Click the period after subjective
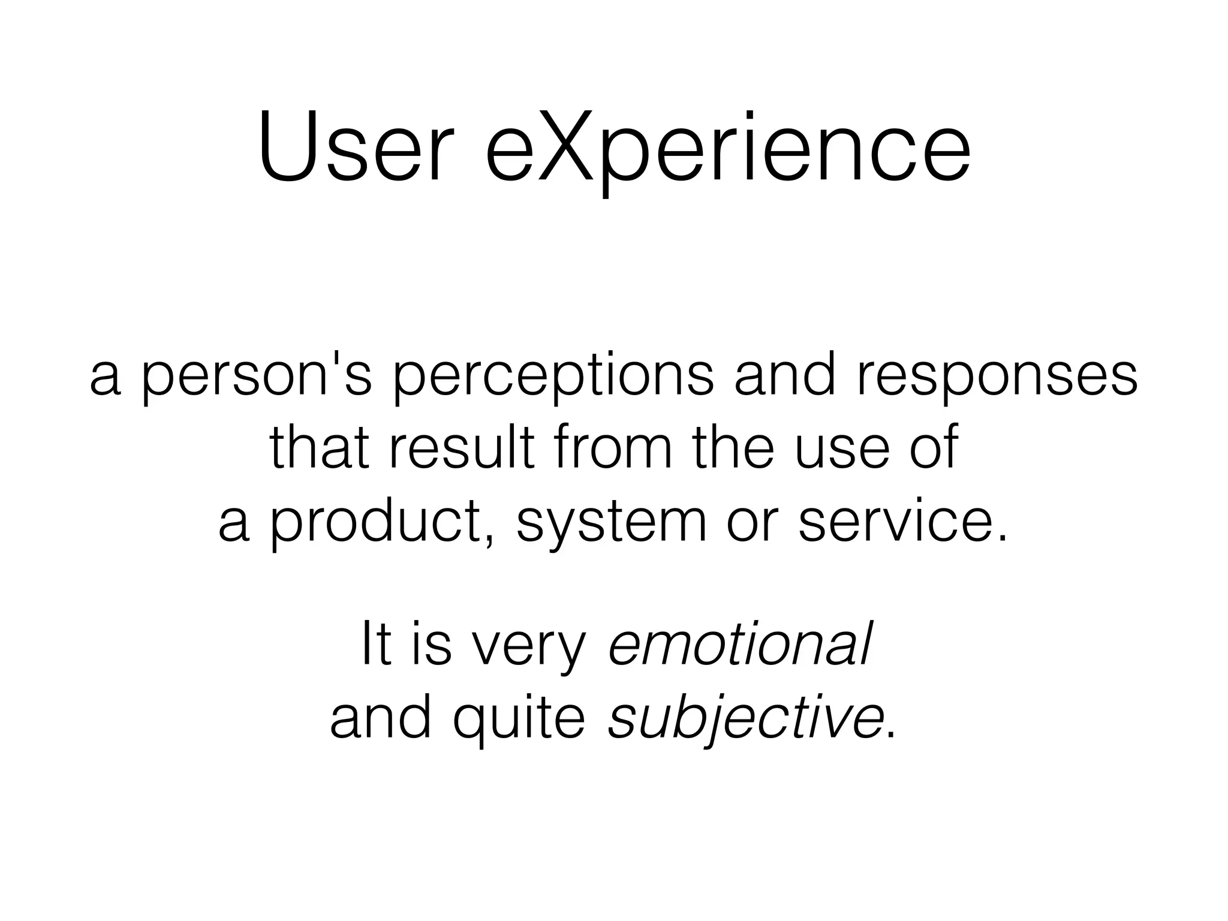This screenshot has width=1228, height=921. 890,734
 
